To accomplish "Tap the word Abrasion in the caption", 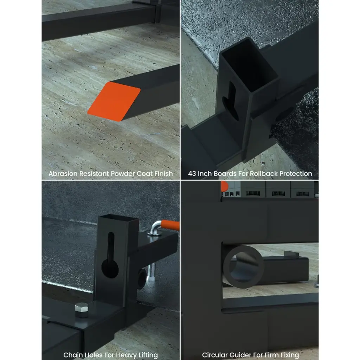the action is point(63,174).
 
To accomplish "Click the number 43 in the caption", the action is point(192,174).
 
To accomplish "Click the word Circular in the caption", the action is point(213,355).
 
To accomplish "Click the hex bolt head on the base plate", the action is point(82,310).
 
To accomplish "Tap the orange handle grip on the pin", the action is point(170,225).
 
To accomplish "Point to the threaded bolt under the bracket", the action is point(151,274).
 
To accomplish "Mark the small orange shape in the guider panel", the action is point(224,186).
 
